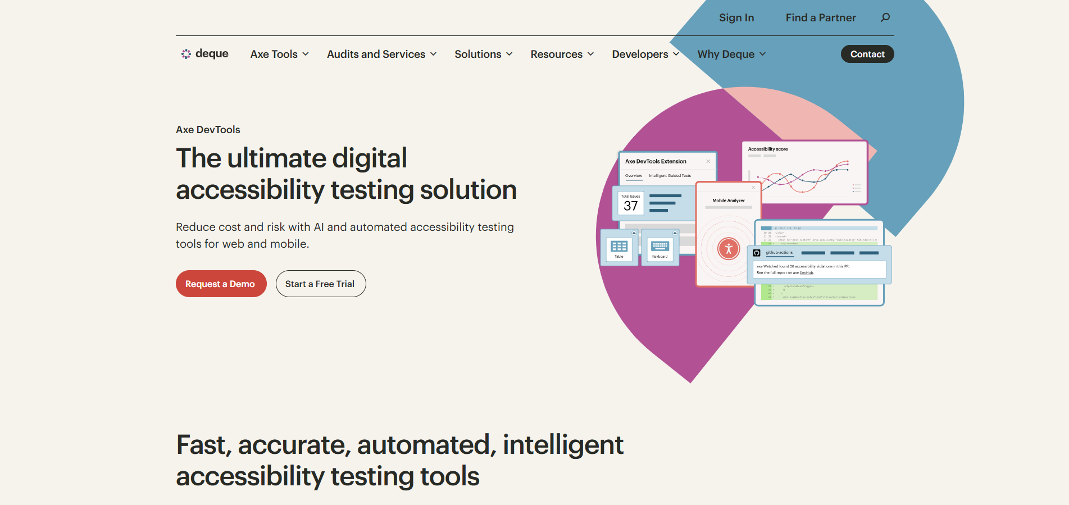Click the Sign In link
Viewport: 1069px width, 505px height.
(736, 18)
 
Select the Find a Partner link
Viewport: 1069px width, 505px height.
(820, 18)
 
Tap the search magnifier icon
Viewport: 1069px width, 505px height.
(885, 17)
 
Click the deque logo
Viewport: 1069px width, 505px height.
(204, 54)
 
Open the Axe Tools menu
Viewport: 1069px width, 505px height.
(279, 54)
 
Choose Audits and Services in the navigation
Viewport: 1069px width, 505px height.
(381, 54)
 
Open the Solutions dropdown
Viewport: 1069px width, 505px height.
(483, 54)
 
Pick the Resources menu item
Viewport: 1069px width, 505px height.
(562, 54)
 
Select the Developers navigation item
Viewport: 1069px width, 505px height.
(645, 54)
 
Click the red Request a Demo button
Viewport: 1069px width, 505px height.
(221, 284)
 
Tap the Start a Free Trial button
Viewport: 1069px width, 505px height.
(320, 284)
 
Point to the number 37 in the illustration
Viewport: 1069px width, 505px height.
(631, 206)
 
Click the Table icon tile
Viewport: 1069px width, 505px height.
(619, 248)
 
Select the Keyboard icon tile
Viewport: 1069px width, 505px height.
(660, 248)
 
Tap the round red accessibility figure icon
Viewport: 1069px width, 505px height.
(729, 248)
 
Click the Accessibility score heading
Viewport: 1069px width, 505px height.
(768, 149)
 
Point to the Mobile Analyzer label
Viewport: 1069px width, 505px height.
(729, 201)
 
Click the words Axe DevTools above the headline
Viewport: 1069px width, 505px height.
(208, 130)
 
